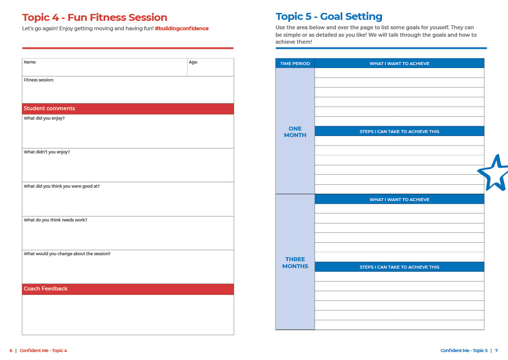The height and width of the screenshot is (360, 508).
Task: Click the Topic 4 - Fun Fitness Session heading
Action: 95,18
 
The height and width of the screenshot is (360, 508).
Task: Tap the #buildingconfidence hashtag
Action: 182,29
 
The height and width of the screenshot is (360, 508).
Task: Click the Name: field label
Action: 30,63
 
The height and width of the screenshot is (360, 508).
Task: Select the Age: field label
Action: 193,63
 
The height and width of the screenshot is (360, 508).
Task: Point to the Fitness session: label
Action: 39,80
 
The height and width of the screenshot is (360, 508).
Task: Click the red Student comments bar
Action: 127,109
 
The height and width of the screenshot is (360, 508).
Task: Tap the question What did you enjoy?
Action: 44,119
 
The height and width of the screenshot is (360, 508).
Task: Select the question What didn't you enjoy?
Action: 47,152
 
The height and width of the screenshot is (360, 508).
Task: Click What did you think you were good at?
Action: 62,186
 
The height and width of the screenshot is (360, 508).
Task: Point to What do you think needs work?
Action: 56,220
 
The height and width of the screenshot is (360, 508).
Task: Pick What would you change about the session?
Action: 67,254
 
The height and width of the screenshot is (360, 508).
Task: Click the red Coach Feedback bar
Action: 127,289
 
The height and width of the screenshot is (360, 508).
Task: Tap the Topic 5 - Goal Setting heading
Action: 329,17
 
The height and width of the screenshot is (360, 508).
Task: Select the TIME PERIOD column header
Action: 295,64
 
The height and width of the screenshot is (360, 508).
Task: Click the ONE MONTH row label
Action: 295,132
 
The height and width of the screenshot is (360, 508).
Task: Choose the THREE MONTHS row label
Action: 295,263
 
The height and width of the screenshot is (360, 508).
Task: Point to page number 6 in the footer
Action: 11,351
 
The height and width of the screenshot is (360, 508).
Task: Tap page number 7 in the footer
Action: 496,351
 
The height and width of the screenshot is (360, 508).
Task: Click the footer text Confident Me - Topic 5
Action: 464,351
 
